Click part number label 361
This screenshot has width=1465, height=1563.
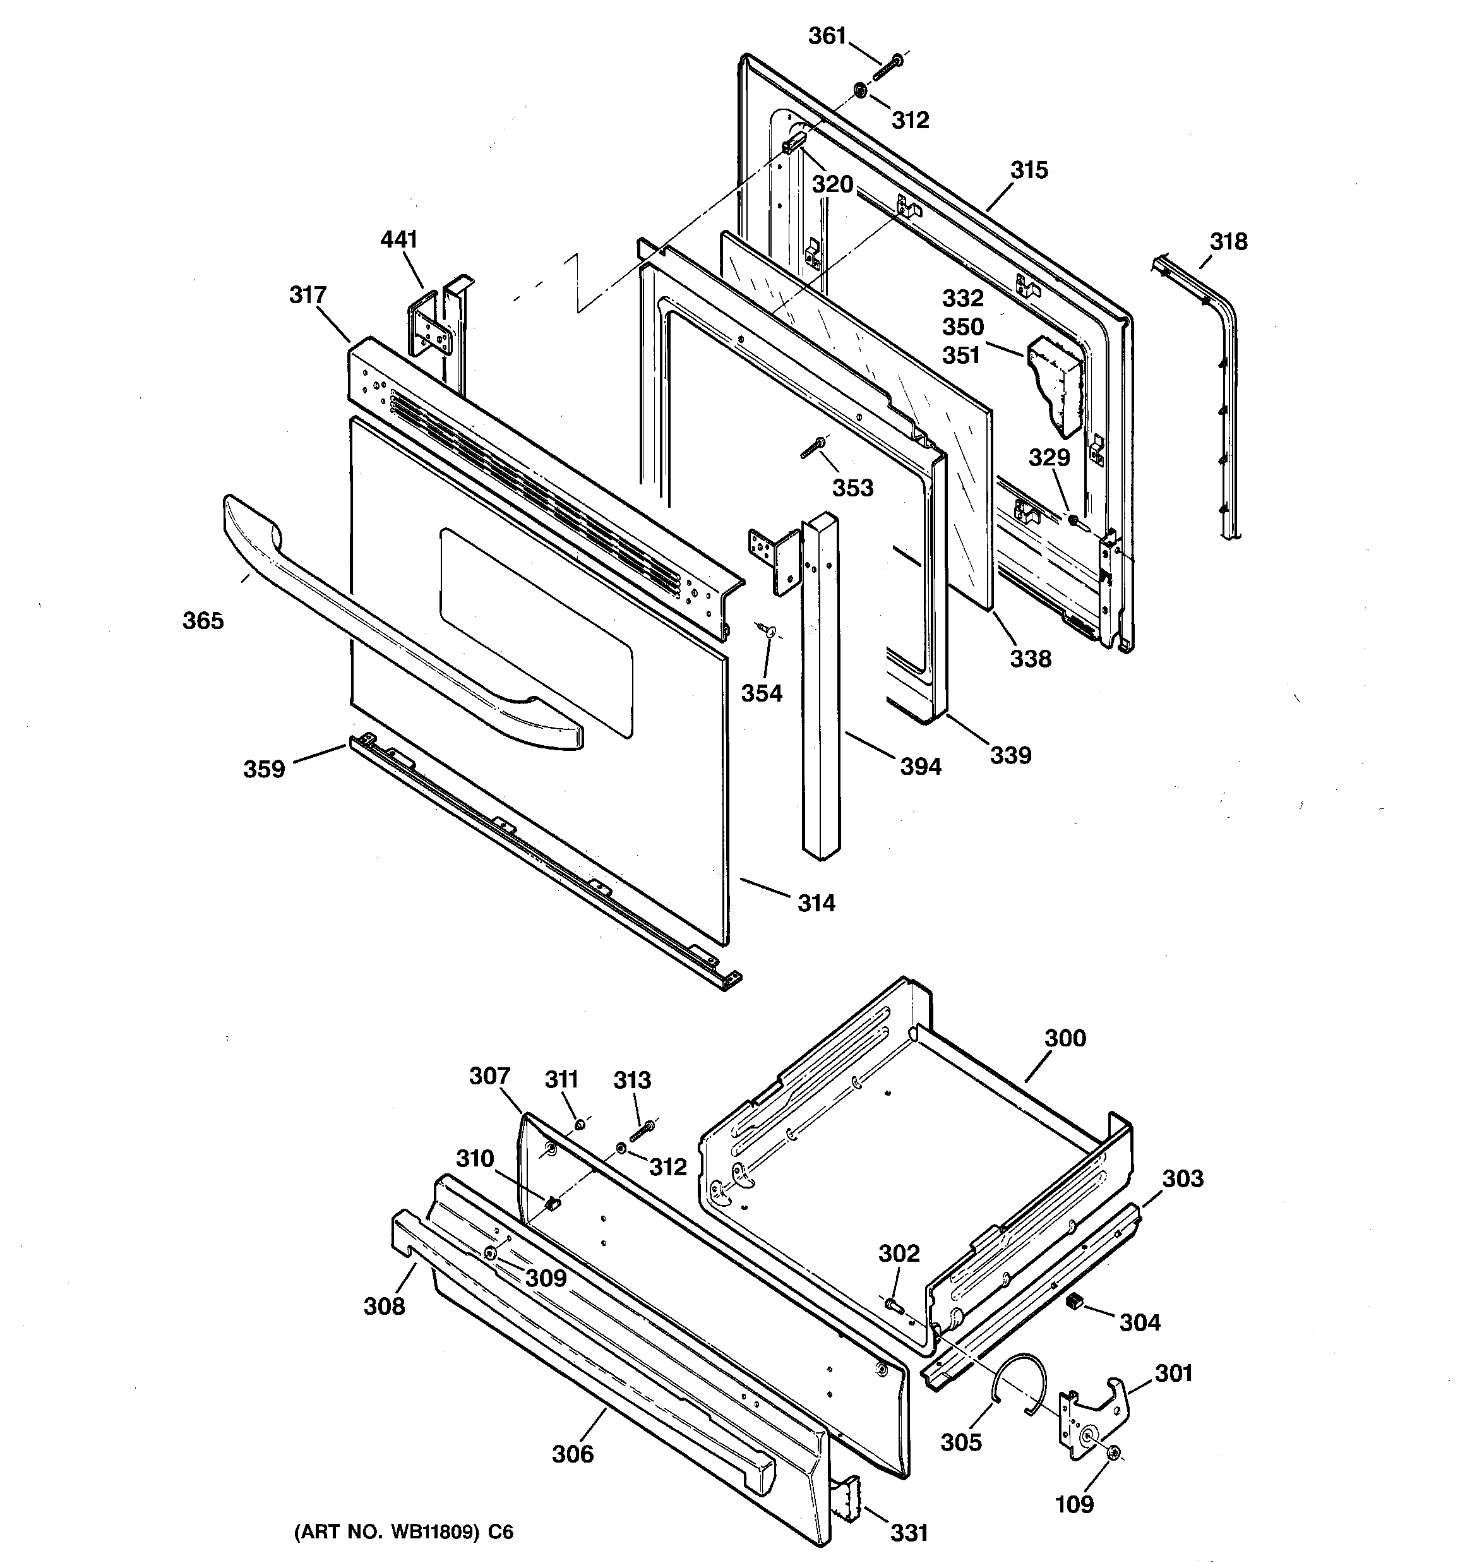[x=827, y=36]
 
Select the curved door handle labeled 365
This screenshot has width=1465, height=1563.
[x=393, y=621]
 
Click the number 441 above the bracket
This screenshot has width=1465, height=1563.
[x=398, y=239]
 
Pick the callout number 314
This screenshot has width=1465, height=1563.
[x=816, y=903]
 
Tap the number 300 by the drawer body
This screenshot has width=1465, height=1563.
[x=1065, y=1038]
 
